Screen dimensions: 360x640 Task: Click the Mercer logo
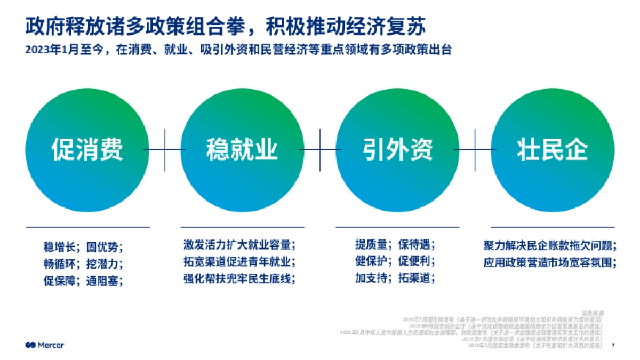(45, 345)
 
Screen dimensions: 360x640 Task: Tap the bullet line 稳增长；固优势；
(83, 247)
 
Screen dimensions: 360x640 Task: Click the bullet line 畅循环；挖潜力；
(83, 263)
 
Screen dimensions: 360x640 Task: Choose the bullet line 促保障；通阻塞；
(83, 280)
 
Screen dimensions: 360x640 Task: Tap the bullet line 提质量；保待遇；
(395, 245)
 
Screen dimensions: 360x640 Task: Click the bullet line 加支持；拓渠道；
(395, 278)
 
